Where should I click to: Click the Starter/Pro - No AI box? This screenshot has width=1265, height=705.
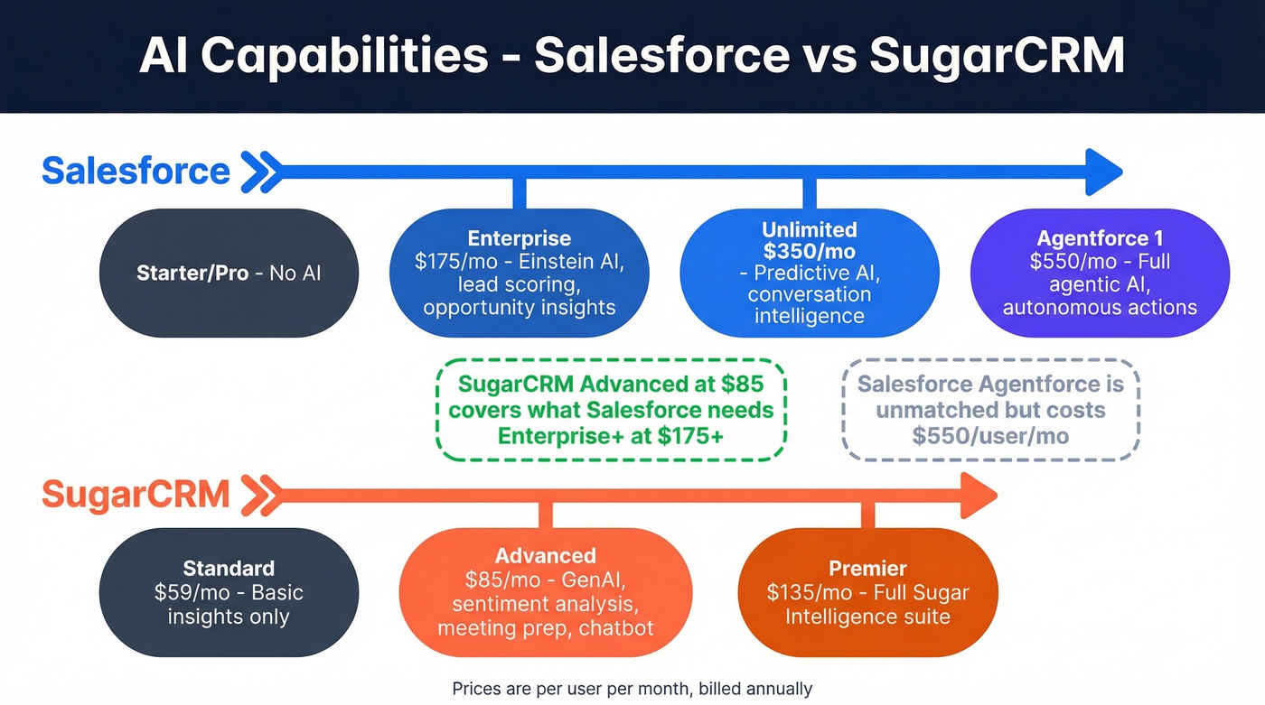(x=229, y=273)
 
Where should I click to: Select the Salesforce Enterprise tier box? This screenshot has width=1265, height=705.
(x=519, y=273)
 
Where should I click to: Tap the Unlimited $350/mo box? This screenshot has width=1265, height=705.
(x=809, y=273)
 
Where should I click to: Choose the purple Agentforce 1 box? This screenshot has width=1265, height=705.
(x=1099, y=273)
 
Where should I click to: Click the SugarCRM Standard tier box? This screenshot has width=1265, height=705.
(x=229, y=592)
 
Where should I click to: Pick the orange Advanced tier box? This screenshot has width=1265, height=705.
(x=545, y=592)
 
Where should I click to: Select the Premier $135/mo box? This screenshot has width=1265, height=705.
(x=867, y=592)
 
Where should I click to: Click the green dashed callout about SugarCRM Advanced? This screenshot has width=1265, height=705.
(x=611, y=410)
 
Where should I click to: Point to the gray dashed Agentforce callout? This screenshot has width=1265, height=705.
(x=990, y=410)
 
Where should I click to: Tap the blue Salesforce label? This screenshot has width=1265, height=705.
(x=136, y=171)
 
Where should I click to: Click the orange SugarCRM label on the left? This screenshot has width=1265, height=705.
(x=136, y=495)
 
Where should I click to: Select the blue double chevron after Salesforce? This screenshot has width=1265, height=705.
(x=260, y=171)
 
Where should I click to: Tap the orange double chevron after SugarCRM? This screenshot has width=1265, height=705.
(x=260, y=495)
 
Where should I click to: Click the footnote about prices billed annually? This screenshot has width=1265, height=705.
(x=632, y=689)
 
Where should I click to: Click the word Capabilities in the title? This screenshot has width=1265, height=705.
(x=344, y=56)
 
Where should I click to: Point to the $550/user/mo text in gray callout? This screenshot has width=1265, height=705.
(x=990, y=436)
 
